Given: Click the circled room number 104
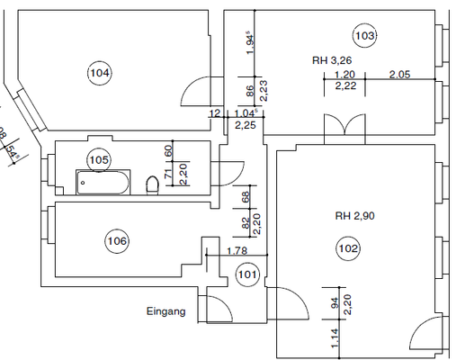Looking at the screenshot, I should (100, 72).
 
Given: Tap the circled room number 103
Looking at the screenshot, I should (364, 36).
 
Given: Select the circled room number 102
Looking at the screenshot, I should (348, 248).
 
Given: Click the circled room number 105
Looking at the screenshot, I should (99, 159).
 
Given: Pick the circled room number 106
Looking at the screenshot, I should (117, 240).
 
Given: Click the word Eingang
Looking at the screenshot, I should (165, 312).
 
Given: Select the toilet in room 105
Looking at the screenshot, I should (153, 185).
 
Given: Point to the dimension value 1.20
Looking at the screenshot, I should (343, 75).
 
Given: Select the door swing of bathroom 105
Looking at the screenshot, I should (230, 170).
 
